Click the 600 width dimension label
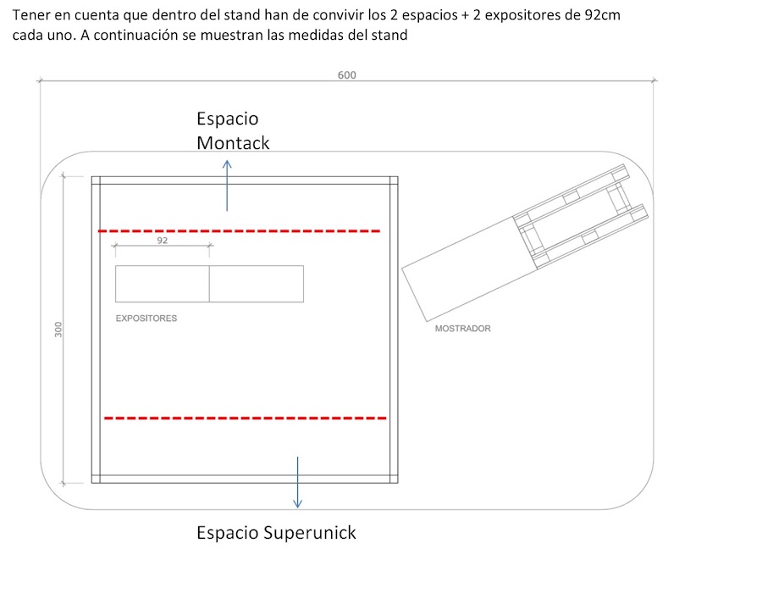click(346, 75)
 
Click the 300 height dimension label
click(58, 330)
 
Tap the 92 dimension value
click(163, 240)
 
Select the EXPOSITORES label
click(146, 319)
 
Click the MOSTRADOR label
click(462, 329)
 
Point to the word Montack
click(233, 143)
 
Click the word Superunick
click(310, 533)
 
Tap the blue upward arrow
click(227, 186)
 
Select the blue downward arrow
click(297, 482)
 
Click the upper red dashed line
click(239, 231)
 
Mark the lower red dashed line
click(246, 418)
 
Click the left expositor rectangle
click(163, 284)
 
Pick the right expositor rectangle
click(257, 284)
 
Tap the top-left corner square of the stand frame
click(96, 180)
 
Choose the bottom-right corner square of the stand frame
click(394, 479)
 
